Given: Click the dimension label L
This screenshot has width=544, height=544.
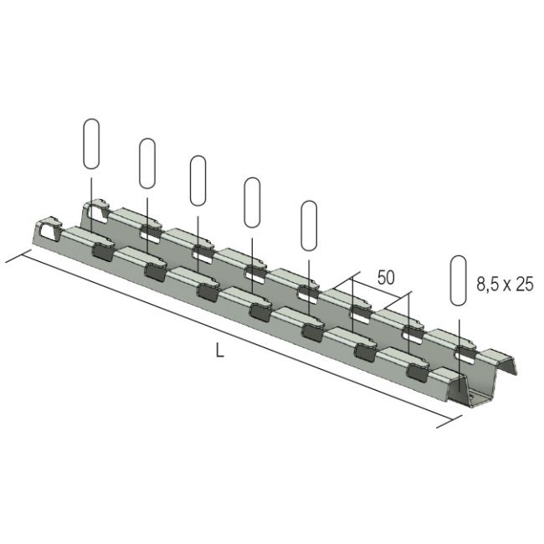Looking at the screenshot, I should pos(219,352).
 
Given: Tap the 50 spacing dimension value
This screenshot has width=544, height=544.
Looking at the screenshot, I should pos(386,278).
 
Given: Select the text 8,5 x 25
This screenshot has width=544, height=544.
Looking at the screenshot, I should pos(505,285).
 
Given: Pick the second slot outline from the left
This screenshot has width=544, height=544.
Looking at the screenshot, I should pos(147,163).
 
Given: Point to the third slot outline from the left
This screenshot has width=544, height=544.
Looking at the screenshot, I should pos(199,181).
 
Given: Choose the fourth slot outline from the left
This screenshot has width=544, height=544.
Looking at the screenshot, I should pos(252,202).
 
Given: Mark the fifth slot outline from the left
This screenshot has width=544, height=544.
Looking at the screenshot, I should pos(309,224).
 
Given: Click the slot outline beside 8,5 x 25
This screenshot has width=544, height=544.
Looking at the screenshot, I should pos(459,280).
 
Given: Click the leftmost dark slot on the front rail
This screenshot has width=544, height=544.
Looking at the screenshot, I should pos(100,249).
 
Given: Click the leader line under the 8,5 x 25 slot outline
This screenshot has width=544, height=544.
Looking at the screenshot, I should pos(459,335).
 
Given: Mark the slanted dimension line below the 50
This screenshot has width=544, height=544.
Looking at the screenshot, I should pos(381,295).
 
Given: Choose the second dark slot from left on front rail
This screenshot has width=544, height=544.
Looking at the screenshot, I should pos(156,269).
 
